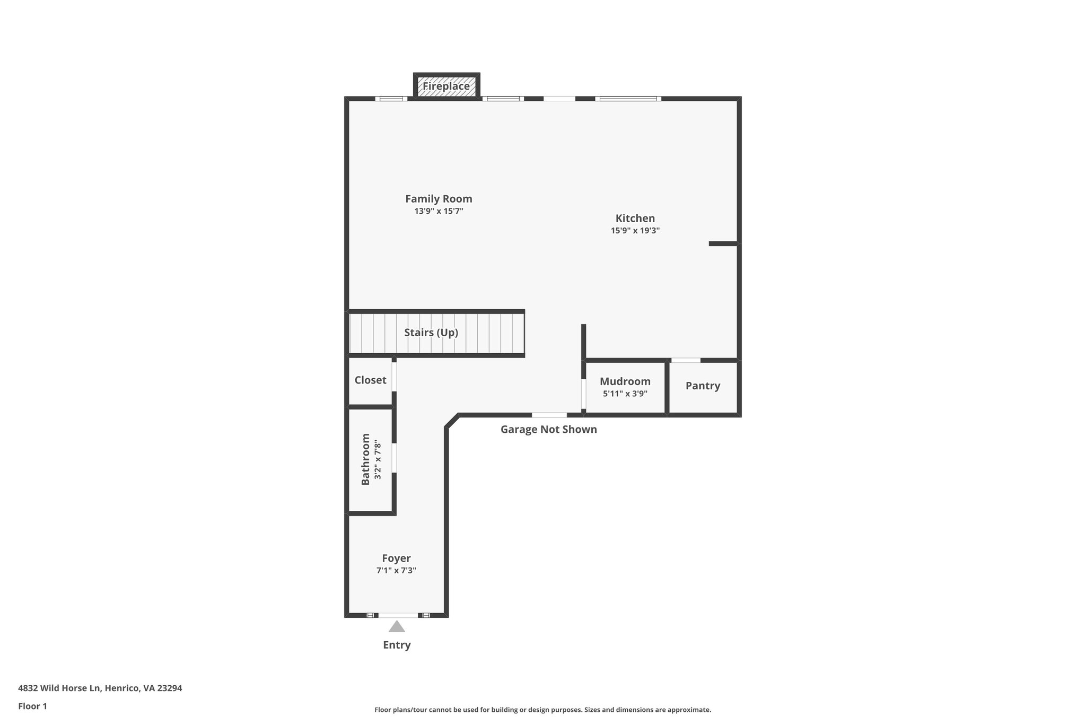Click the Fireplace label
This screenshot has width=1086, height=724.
(446, 86)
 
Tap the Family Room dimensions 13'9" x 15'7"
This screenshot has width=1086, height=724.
(439, 211)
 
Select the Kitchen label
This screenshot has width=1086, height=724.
(635, 218)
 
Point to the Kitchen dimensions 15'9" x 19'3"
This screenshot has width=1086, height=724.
(635, 231)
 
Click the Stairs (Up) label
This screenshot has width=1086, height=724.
(431, 333)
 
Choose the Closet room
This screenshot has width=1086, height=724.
(370, 380)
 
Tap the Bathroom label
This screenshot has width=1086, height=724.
(365, 459)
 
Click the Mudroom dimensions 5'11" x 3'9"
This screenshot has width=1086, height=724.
(625, 394)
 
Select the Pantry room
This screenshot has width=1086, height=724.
(703, 386)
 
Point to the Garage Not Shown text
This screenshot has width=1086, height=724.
(548, 430)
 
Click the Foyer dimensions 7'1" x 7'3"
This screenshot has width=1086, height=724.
(396, 571)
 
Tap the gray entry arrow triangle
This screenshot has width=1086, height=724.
(397, 627)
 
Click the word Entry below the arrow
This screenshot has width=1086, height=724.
(397, 646)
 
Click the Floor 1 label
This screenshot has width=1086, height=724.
(32, 706)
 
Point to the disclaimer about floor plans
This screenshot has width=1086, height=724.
(542, 710)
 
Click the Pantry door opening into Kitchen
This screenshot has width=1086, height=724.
(686, 360)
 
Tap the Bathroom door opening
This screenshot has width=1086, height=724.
(394, 458)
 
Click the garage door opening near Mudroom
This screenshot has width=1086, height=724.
(549, 415)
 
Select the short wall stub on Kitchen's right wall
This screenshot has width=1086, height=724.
(723, 243)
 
